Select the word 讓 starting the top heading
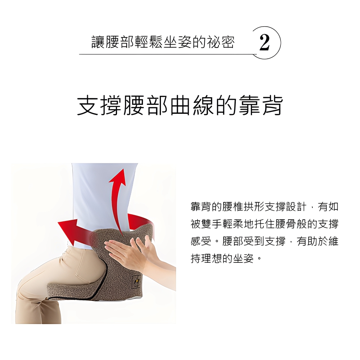pyautogui.click(x=98, y=42)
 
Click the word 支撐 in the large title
pyautogui.click(x=99, y=105)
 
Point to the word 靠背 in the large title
pyautogui.click(x=261, y=105)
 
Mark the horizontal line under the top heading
pyautogui.click(x=168, y=54)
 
